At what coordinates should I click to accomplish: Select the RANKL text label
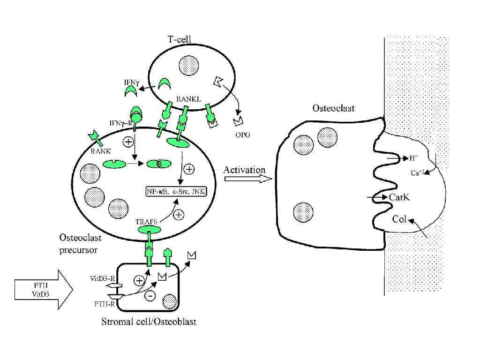click(188, 99)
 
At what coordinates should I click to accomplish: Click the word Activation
click(244, 169)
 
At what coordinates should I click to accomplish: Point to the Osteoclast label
click(334, 108)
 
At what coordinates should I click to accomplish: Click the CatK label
click(399, 197)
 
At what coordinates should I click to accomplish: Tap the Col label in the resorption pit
click(399, 219)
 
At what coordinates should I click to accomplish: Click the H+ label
click(412, 158)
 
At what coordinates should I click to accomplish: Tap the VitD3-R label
click(101, 278)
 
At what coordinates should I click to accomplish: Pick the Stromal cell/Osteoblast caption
click(149, 322)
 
